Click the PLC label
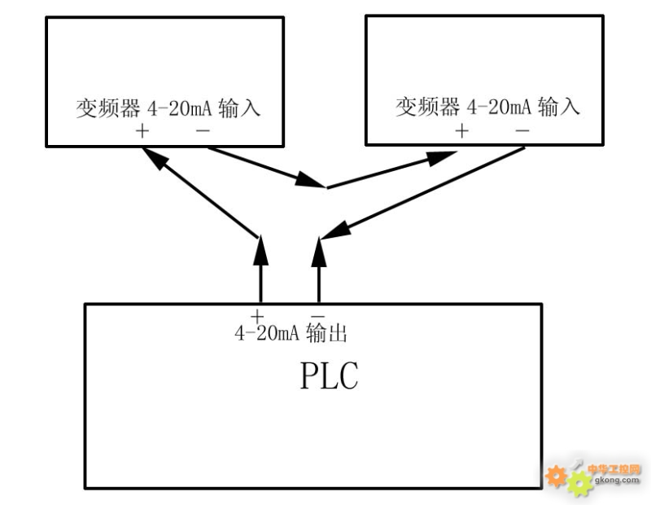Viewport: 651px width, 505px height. coord(329,376)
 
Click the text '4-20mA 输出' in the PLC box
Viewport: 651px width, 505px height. coord(292,332)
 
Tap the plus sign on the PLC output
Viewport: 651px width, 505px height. coord(258,315)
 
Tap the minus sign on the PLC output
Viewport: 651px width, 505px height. coord(318,315)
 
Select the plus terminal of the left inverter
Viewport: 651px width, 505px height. coord(143,130)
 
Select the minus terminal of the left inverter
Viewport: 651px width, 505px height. coord(203,130)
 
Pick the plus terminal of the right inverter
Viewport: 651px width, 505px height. coord(462,130)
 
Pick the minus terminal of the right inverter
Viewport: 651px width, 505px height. coord(523,130)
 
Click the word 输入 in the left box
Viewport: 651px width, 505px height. coord(240,108)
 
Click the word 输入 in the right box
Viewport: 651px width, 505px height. coord(560,107)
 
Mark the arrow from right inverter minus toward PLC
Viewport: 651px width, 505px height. coord(423,193)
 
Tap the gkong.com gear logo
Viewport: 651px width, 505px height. coord(569,477)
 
